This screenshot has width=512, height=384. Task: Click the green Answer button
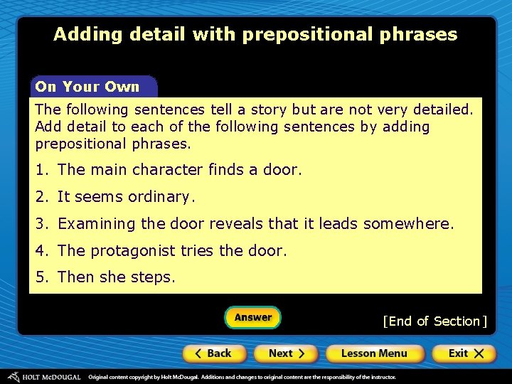[252, 318]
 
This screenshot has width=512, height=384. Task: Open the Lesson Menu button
[374, 353]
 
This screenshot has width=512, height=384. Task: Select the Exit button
[466, 353]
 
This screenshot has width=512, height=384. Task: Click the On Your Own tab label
[87, 87]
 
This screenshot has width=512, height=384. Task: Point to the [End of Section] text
[434, 321]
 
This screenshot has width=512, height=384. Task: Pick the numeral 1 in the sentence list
[40, 170]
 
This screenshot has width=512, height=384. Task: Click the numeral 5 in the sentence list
[40, 277]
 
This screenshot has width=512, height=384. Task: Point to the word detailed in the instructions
[441, 110]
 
